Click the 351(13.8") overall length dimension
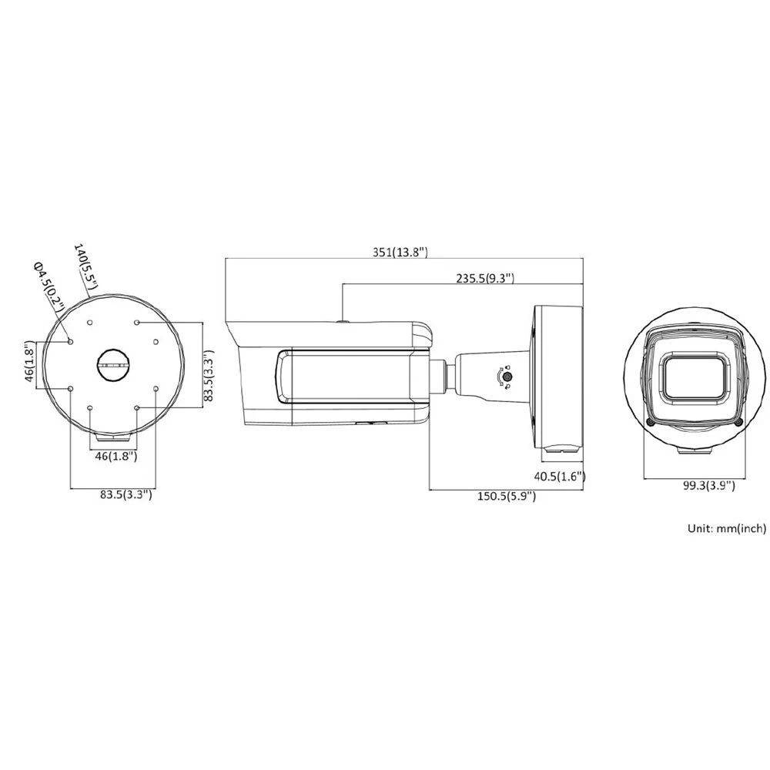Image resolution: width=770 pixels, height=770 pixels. coord(400,253)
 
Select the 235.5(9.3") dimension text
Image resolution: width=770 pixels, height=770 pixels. coord(485,278)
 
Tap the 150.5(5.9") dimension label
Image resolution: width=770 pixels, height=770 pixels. coord(507,496)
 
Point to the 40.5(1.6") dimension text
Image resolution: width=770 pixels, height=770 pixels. coord(560,476)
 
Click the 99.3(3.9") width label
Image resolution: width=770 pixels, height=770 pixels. coord(709,486)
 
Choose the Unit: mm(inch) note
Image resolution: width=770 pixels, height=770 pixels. coord(727,528)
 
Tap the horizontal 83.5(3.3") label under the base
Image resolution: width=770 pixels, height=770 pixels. coord(126,494)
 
